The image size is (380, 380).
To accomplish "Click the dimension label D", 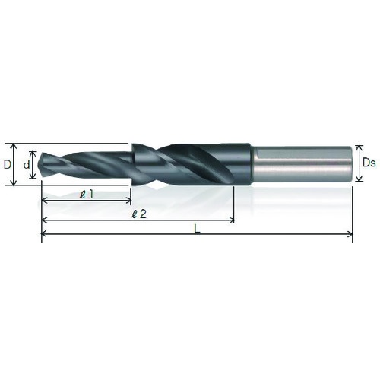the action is (8, 165).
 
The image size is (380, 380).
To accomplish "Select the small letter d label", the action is (27, 165).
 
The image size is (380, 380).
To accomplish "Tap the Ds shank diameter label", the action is (369, 163).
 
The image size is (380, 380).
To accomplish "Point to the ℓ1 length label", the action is (86, 195).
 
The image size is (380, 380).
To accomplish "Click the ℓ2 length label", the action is (139, 214).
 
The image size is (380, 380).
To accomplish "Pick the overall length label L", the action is (197, 229).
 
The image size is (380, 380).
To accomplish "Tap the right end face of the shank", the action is (352, 163).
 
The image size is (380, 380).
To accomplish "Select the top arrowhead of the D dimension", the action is (14, 146).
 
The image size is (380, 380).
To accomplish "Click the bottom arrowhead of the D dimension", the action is (14, 182).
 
